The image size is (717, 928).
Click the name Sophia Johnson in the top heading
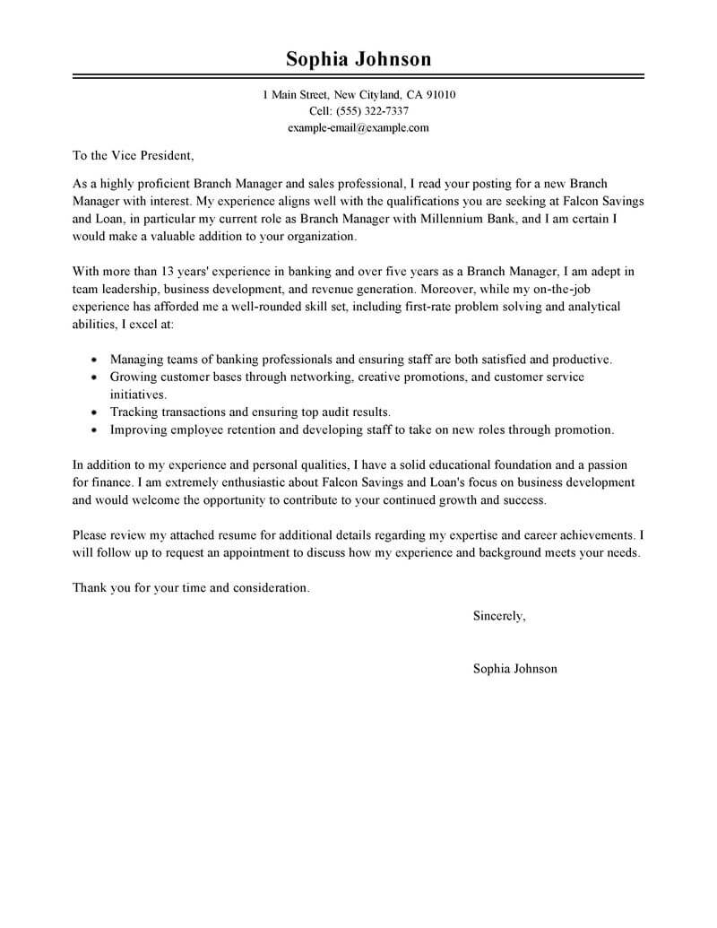(358, 59)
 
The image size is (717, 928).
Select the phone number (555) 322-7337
(372, 111)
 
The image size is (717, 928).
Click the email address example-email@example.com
(358, 127)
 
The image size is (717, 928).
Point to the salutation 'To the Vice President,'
(132, 155)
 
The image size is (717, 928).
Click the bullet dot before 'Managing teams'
(95, 360)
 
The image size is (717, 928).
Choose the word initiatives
(139, 394)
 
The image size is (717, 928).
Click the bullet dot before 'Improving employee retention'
(95, 430)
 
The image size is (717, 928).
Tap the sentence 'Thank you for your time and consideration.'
(190, 588)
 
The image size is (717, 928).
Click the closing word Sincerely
(499, 616)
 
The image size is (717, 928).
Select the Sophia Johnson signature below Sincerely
(514, 669)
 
